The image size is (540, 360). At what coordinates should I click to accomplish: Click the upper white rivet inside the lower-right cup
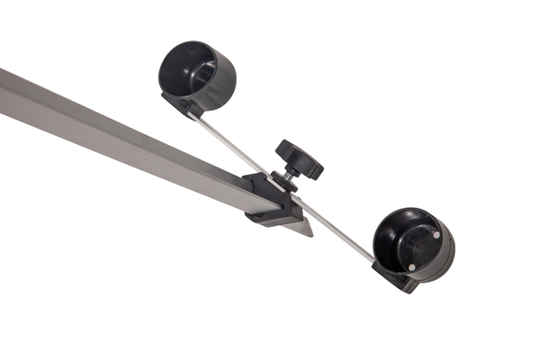tap(436, 235)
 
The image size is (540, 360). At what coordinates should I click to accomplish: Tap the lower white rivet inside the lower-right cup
tap(411, 266)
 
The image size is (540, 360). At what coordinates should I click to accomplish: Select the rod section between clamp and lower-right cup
tap(337, 229)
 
